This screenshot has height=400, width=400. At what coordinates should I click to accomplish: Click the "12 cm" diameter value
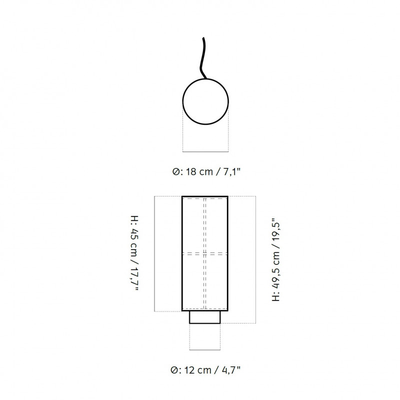(196, 370)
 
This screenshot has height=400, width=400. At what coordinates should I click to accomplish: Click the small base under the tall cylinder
(204, 317)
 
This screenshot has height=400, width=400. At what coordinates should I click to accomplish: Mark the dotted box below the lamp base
(204, 337)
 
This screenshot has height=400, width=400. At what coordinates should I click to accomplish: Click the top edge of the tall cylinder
(204, 196)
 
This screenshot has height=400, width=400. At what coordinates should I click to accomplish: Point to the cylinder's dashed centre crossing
(204, 253)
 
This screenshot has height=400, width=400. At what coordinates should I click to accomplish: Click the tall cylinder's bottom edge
(204, 311)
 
